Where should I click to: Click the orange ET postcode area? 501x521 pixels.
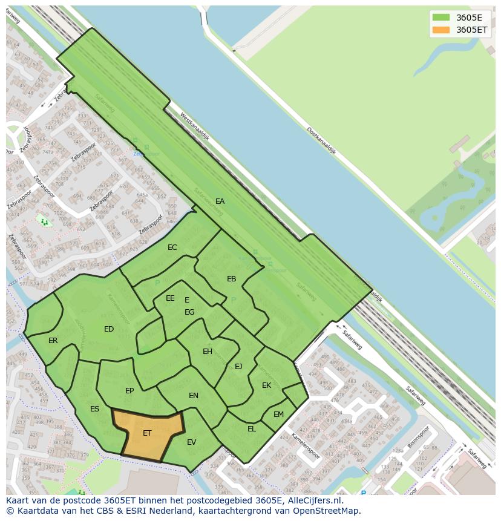(148, 433)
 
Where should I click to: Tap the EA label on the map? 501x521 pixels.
(220, 202)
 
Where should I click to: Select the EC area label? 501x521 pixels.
(172, 247)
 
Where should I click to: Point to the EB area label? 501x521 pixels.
(231, 279)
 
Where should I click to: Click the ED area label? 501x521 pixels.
(109, 329)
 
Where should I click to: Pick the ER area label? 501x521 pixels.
(53, 341)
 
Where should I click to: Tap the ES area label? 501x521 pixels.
(94, 409)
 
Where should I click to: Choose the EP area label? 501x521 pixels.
(129, 391)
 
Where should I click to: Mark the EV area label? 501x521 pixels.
(191, 442)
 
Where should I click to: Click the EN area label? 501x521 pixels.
(194, 396)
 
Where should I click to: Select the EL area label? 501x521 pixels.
(252, 429)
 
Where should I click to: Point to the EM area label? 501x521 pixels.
(278, 415)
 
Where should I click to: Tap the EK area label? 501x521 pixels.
(266, 385)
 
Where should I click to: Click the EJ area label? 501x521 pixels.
(238, 366)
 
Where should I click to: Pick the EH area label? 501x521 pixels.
(208, 352)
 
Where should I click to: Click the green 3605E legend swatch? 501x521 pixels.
(441, 17)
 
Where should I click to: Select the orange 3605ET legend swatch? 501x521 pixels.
(441, 30)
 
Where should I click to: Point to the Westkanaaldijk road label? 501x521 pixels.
(194, 127)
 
